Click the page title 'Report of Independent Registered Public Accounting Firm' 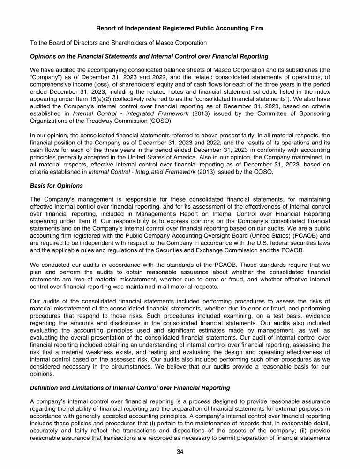180,29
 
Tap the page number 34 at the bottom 180,451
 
